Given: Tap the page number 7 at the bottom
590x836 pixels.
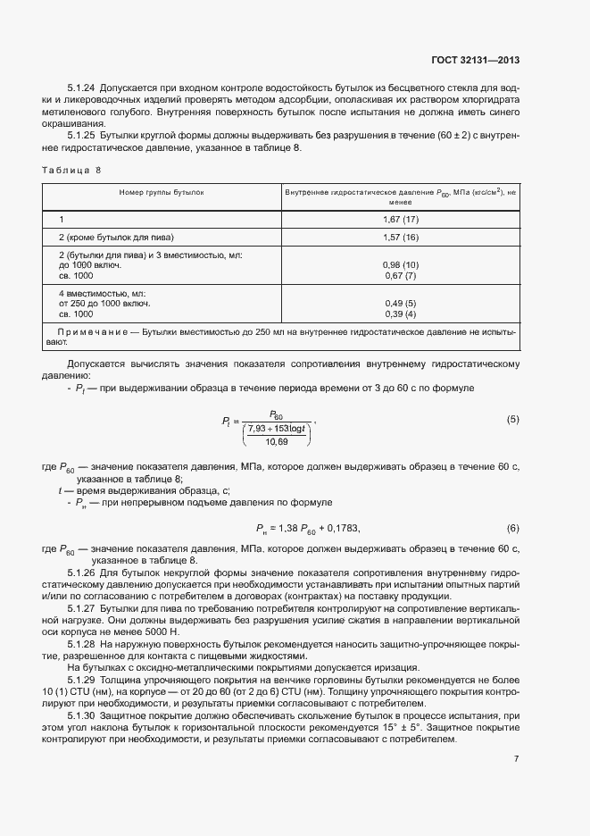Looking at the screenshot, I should pos(517,759).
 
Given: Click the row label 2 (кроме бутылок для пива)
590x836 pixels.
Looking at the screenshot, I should pos(116,237).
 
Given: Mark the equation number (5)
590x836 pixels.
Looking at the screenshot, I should pos(512,419).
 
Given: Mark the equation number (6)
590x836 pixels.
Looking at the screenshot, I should pos(512,527).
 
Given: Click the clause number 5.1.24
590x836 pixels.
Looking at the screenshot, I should pos(82,89).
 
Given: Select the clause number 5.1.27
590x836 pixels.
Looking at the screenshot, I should pos(82,606).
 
